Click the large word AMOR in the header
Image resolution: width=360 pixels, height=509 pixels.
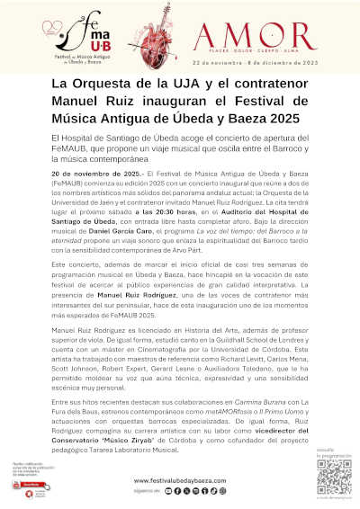[x=270, y=35]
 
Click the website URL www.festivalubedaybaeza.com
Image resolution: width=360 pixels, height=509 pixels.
[x=180, y=481]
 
